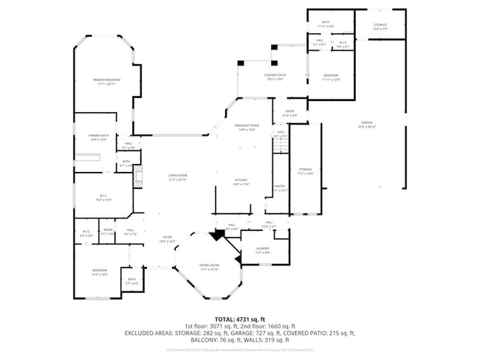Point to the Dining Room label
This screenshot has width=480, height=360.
tap(210, 266)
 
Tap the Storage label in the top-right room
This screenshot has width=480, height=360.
tap(380, 27)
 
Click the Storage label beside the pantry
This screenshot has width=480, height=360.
tap(306, 171)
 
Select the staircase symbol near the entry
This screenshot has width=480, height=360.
tap(279, 148)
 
